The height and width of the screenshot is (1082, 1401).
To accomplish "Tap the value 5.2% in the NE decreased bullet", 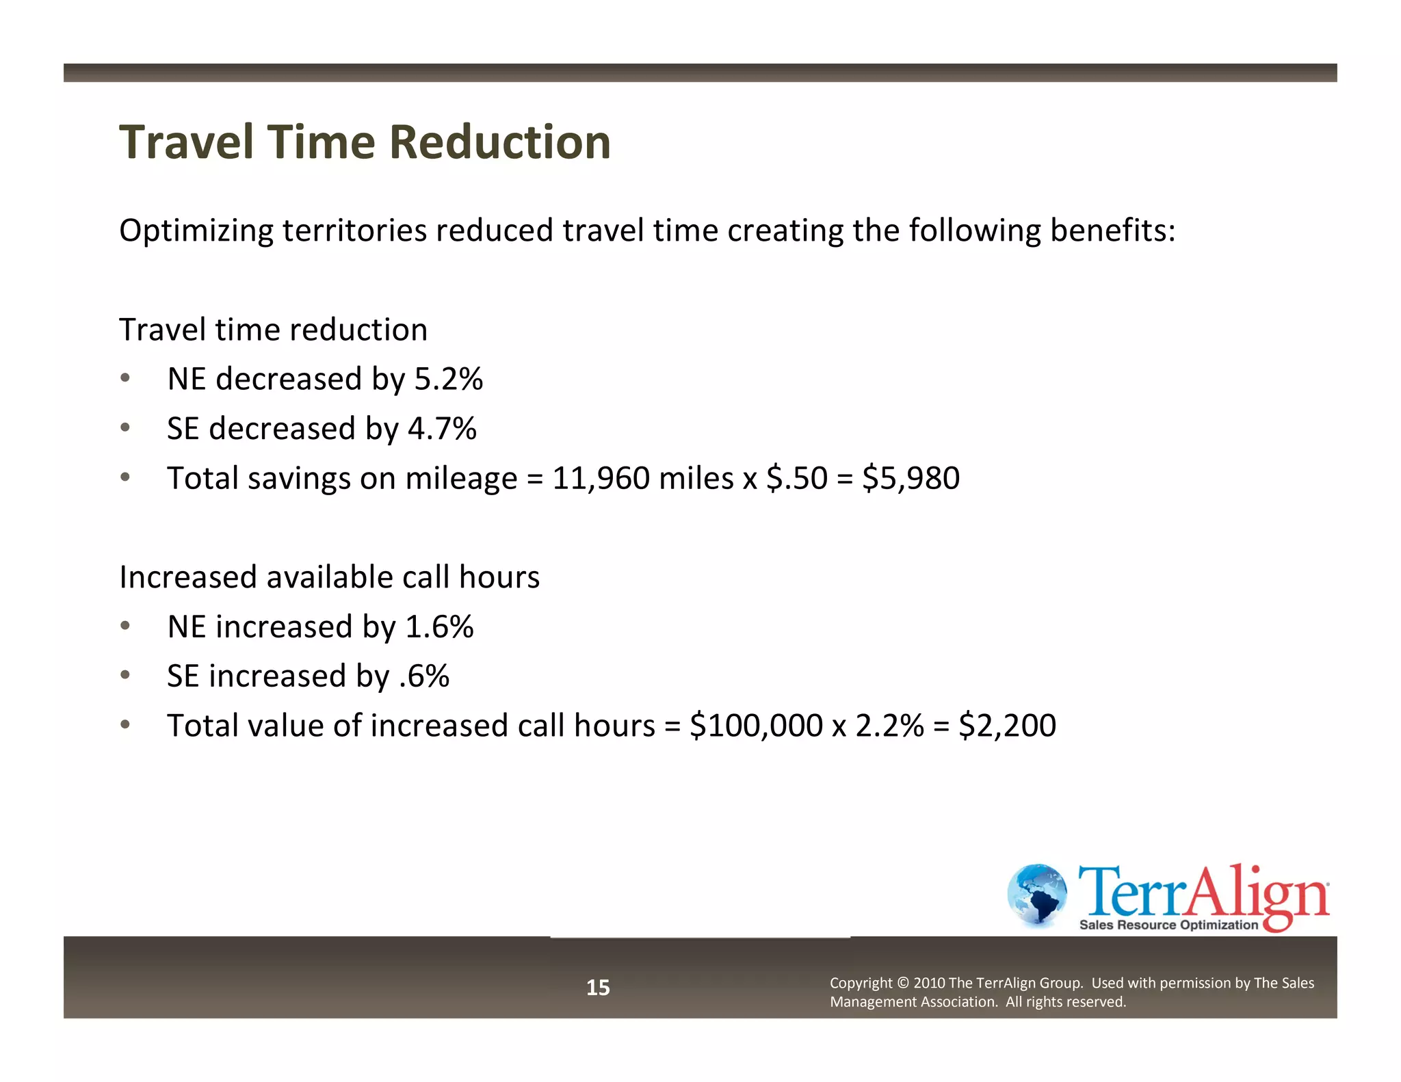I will [x=449, y=379].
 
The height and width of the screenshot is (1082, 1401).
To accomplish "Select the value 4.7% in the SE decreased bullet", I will [x=442, y=429].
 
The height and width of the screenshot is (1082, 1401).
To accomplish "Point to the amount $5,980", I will [x=911, y=478].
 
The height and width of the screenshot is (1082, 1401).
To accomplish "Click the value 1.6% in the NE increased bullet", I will [x=439, y=626].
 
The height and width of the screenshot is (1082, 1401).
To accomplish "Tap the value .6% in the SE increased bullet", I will [x=424, y=676].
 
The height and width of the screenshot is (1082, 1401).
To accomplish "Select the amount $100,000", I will [x=756, y=726].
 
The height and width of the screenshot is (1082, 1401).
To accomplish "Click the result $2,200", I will [x=1007, y=726].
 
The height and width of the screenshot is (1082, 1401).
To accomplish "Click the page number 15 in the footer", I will [x=598, y=988].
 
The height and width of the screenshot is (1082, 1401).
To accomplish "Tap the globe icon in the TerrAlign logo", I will [x=1037, y=895].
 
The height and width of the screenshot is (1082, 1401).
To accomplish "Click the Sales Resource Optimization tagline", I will [x=1168, y=925].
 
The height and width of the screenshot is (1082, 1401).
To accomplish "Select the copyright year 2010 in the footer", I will [x=929, y=984].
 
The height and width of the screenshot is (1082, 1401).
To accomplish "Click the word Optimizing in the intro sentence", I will [x=196, y=231].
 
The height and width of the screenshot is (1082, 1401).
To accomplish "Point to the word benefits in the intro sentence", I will [x=1108, y=230].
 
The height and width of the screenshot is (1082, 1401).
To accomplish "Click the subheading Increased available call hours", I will [x=329, y=577].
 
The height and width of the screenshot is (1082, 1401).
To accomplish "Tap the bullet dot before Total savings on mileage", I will [x=125, y=477].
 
